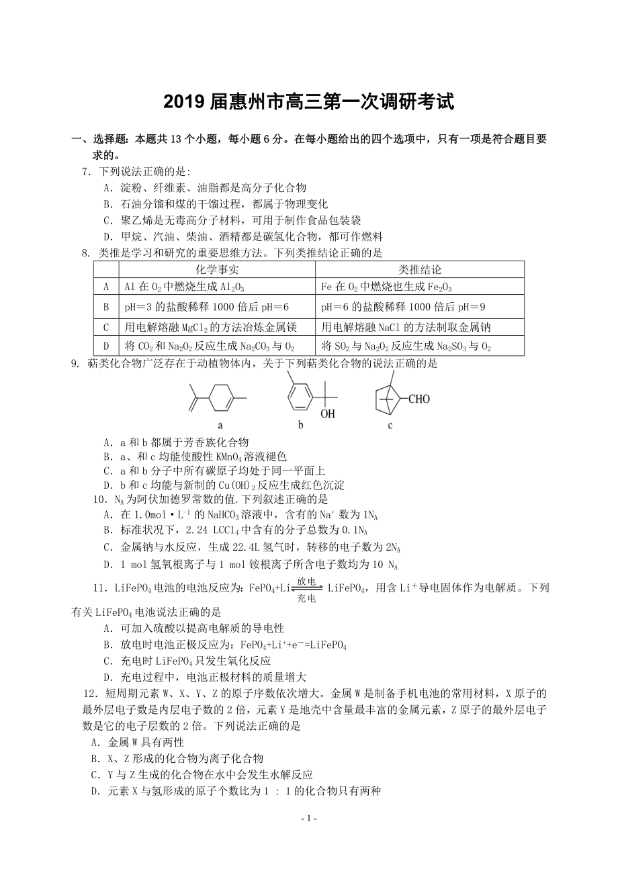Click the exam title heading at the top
pyautogui.click(x=309, y=102)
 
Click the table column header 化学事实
pyautogui.click(x=217, y=270)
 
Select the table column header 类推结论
pyautogui.click(x=420, y=270)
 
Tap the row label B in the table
pyautogui.click(x=106, y=307)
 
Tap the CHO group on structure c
pyautogui.click(x=417, y=399)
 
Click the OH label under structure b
pyautogui.click(x=327, y=414)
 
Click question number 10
pyautogui.click(x=100, y=500)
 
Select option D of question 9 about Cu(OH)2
pyautogui.click(x=224, y=485)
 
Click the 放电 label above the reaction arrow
pyautogui.click(x=306, y=581)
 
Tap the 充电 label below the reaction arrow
pyautogui.click(x=306, y=598)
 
